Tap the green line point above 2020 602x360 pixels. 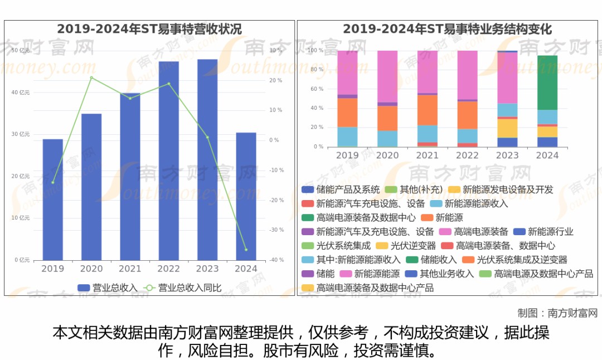click(91, 77)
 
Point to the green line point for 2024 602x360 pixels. click(246, 250)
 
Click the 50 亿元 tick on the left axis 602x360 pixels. click(21, 51)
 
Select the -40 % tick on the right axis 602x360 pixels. click(275, 260)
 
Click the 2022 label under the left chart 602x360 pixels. click(168, 269)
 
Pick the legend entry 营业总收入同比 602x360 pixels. click(183, 288)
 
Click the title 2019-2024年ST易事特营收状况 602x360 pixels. click(149, 29)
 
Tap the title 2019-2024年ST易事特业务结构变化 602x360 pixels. click(447, 29)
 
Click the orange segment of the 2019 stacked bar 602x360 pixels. click(347, 113)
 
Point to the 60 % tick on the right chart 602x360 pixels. click(317, 89)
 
